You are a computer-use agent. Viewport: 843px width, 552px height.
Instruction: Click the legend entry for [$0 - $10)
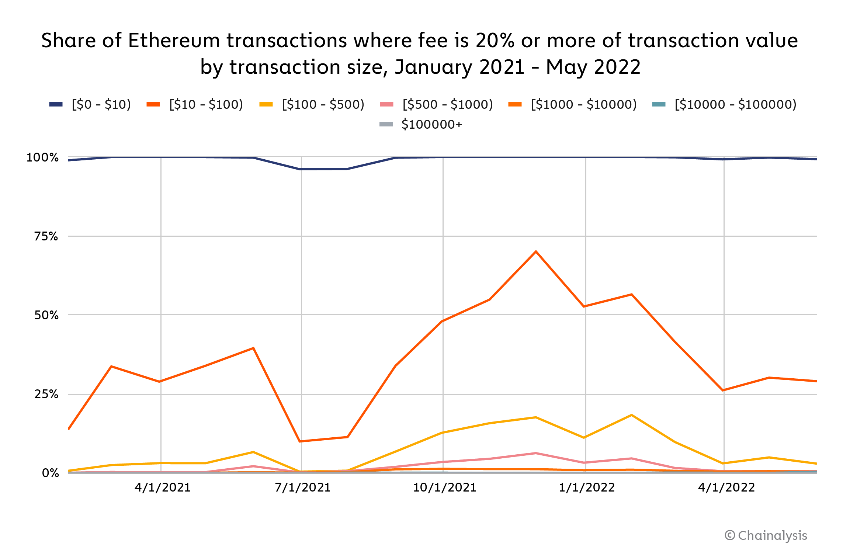90,104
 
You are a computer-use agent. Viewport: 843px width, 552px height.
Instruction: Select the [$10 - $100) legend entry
195,104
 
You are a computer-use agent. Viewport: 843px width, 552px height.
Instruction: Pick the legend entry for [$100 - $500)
312,104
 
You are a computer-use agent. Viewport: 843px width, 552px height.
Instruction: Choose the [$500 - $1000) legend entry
436,104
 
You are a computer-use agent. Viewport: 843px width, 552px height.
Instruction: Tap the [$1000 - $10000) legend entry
572,104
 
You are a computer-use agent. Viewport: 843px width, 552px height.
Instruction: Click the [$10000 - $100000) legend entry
724,104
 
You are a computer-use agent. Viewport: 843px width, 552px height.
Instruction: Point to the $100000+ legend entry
421,124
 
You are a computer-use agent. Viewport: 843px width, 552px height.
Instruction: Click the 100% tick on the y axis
42,157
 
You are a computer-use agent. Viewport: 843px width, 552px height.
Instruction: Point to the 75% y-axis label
46,236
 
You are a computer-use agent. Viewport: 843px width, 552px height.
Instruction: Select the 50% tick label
46,315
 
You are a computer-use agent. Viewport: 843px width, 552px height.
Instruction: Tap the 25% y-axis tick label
46,394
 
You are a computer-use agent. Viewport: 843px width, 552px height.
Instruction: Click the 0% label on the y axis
51,473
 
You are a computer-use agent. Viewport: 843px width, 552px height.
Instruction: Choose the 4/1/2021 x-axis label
163,487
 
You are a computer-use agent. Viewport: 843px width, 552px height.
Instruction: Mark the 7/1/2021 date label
303,487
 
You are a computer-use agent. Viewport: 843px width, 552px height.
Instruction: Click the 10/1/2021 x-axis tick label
444,487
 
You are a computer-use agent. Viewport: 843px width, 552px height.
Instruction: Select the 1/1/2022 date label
587,487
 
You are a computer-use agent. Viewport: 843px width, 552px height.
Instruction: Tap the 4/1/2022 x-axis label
726,487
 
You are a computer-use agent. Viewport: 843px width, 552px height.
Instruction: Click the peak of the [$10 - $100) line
535,251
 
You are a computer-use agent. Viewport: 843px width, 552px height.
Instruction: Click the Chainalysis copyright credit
766,535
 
